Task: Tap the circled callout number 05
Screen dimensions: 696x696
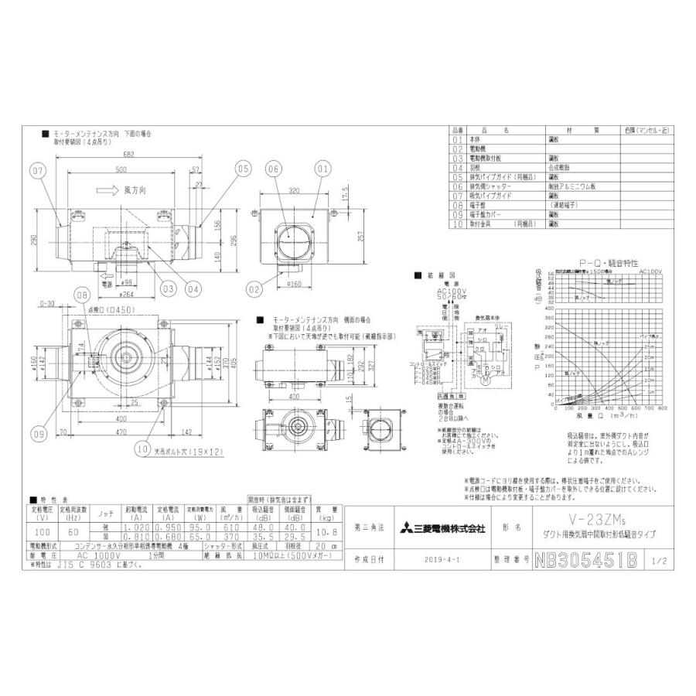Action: coord(242,168)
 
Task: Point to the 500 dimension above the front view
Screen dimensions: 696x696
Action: coord(121,169)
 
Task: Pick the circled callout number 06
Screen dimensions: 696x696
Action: coord(272,169)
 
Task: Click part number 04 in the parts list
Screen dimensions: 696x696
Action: coord(455,167)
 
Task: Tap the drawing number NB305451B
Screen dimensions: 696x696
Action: coord(585,558)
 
